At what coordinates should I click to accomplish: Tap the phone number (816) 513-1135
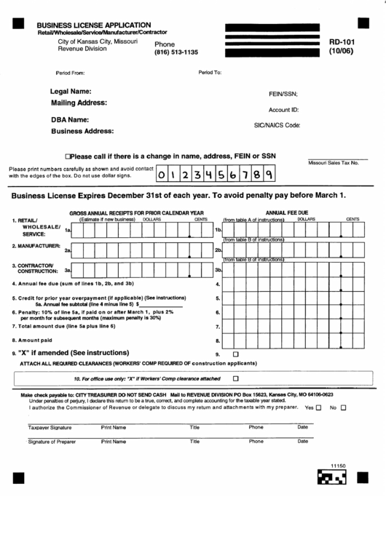point(176,54)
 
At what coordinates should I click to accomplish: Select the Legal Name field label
point(71,91)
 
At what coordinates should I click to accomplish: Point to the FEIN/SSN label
point(283,95)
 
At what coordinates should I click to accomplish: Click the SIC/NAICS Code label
point(277,125)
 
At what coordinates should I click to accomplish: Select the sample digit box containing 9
point(267,175)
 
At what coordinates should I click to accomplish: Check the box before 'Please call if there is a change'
point(68,156)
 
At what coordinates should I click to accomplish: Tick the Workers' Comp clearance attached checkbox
point(235,378)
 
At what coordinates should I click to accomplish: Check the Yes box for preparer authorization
point(318,407)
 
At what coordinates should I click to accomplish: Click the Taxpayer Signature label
point(50,428)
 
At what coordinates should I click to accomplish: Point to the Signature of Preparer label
point(52,442)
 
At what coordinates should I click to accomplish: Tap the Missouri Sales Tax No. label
point(334,163)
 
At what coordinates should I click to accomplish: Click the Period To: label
point(210,73)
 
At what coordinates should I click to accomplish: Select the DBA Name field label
point(70,119)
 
